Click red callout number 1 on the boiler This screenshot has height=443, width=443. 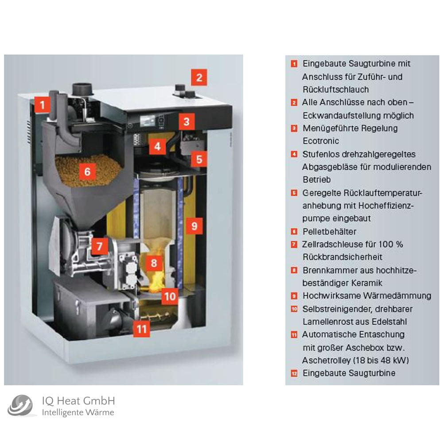click(42, 105)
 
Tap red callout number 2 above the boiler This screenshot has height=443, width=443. click(199, 78)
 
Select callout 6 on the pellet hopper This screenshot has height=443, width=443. click(87, 171)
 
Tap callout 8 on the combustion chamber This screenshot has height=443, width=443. click(154, 264)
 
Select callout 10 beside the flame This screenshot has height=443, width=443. click(170, 295)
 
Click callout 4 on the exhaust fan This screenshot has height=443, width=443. click(158, 146)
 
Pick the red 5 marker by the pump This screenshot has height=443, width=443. click(199, 158)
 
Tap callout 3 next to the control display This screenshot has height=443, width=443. click(187, 120)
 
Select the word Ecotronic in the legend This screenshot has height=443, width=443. click(321, 141)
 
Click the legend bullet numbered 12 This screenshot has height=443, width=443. click(294, 373)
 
